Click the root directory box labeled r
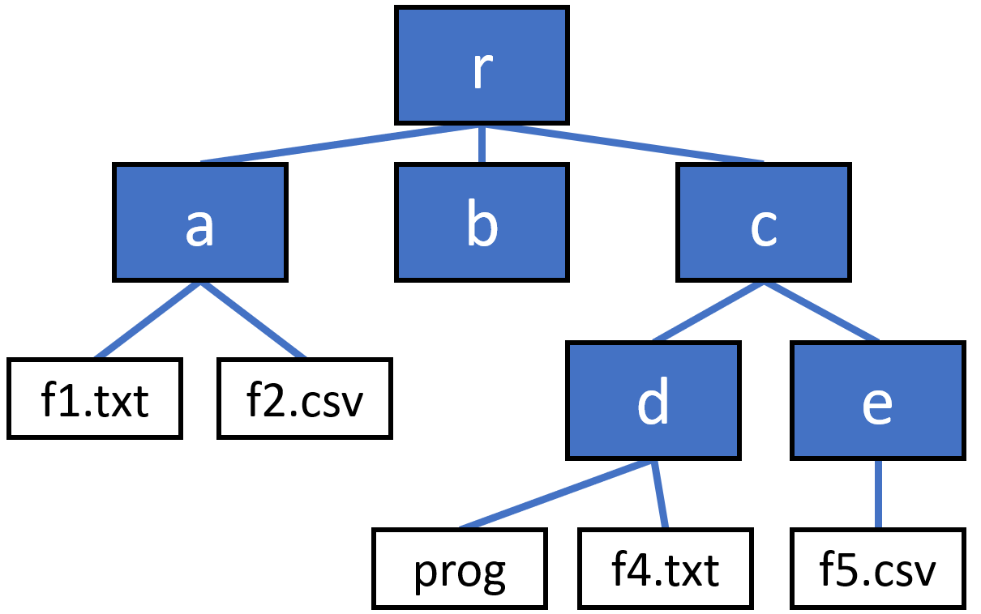[x=482, y=66]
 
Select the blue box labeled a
[x=199, y=223]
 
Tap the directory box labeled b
[x=482, y=223]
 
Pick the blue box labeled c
[x=764, y=223]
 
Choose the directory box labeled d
[x=653, y=400]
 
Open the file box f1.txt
[x=95, y=399]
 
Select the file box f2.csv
[x=305, y=399]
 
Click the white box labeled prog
[x=460, y=569]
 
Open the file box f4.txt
[x=666, y=569]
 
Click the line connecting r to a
[x=341, y=143]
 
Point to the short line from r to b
[x=482, y=144]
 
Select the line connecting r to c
[x=623, y=143]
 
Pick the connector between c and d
[x=708, y=311]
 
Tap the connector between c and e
[x=820, y=311]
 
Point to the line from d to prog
[x=556, y=494]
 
